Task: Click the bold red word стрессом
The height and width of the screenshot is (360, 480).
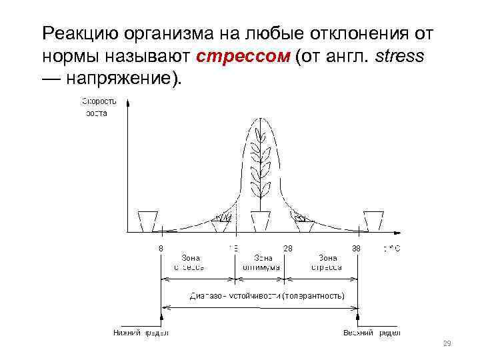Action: pyautogui.click(x=244, y=56)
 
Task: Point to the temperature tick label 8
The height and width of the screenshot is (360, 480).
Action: pyautogui.click(x=161, y=248)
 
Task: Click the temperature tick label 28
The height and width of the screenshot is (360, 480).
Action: pyautogui.click(x=288, y=248)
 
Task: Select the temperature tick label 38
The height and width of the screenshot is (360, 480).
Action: pyautogui.click(x=357, y=248)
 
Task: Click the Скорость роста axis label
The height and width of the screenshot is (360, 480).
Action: pyautogui.click(x=99, y=107)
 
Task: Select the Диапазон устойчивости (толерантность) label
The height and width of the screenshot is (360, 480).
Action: pyautogui.click(x=267, y=295)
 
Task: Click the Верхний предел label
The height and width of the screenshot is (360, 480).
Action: pyautogui.click(x=371, y=332)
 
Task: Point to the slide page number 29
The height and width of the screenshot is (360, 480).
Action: pyautogui.click(x=447, y=344)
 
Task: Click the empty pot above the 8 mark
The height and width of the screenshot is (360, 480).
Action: pyautogui.click(x=147, y=220)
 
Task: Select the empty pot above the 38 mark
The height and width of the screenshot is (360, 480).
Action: pyautogui.click(x=373, y=220)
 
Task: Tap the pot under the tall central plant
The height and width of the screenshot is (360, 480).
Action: pyautogui.click(x=261, y=220)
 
